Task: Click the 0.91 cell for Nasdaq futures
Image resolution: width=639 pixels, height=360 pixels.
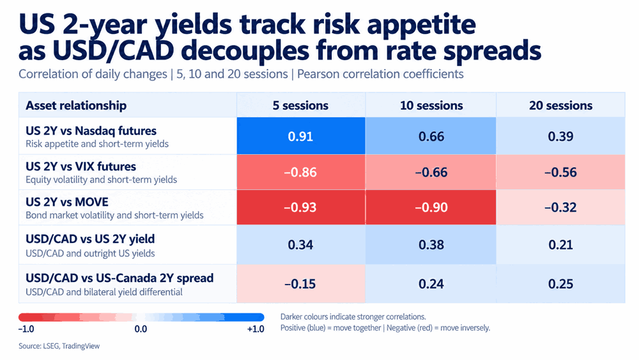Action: click(301, 136)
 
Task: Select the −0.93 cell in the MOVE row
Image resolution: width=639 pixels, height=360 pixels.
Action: click(301, 207)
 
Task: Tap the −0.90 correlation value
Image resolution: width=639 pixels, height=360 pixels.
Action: click(431, 207)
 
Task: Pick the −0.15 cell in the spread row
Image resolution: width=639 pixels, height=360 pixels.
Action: click(301, 284)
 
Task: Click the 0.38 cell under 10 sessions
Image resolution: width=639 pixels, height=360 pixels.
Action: click(431, 245)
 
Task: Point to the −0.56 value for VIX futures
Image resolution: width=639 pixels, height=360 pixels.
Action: click(561, 172)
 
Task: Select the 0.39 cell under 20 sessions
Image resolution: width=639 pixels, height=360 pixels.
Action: click(561, 136)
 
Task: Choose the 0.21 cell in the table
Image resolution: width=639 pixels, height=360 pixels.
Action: click(561, 245)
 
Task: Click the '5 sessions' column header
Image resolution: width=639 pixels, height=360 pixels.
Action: click(301, 106)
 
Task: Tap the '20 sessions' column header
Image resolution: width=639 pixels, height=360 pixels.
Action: click(561, 106)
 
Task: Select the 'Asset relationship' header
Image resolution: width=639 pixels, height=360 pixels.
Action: click(76, 106)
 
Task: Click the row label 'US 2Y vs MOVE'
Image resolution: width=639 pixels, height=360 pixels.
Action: click(67, 202)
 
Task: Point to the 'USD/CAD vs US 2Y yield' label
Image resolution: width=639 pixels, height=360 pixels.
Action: click(90, 239)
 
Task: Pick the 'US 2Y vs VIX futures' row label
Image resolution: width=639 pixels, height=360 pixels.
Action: click(81, 167)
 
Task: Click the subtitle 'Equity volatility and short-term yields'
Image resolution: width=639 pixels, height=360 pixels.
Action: click(101, 180)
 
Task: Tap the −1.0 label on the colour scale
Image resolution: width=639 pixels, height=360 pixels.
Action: click(26, 329)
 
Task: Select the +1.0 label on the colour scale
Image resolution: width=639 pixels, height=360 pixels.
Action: click(256, 329)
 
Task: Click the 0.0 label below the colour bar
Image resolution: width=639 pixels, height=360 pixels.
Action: click(141, 329)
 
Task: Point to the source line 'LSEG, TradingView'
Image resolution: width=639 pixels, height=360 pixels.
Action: click(71, 346)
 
